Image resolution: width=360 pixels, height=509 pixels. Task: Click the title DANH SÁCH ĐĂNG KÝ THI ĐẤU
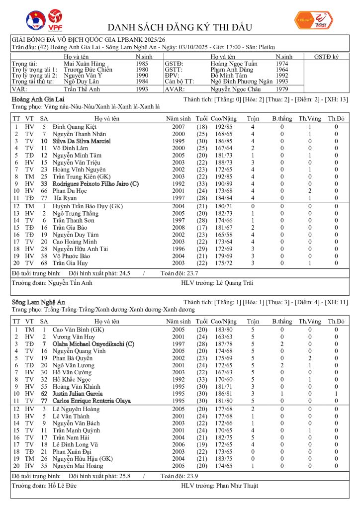pos(180,27)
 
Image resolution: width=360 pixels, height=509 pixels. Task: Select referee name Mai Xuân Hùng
pos(85,64)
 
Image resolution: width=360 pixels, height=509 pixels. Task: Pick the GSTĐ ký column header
pos(327,57)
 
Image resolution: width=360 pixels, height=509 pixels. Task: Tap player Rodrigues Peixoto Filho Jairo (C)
pos(95,183)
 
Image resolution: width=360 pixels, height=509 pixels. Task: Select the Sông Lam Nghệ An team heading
pos(38,302)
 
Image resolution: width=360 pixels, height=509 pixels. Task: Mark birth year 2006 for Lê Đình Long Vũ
pos(178,445)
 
